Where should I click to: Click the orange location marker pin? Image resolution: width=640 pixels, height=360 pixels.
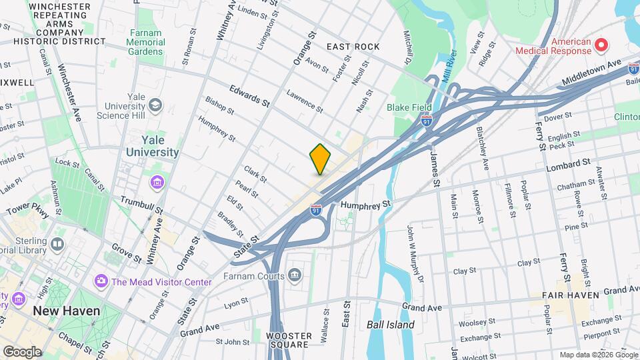[x=320, y=159]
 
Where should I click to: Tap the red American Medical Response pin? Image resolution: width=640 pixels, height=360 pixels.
[x=601, y=45]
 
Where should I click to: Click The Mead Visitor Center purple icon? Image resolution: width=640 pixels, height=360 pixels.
[x=101, y=281]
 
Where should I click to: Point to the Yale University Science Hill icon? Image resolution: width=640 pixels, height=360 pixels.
[x=156, y=105]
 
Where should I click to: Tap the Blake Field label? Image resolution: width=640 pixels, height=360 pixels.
[x=409, y=107]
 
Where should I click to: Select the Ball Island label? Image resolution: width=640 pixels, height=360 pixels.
[x=390, y=325]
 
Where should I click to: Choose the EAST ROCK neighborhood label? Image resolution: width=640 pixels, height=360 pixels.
[x=353, y=47]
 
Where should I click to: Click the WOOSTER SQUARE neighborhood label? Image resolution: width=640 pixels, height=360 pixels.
[x=287, y=340]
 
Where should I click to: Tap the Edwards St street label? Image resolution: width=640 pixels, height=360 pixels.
[x=249, y=95]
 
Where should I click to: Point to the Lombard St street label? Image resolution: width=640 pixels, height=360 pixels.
[x=568, y=162]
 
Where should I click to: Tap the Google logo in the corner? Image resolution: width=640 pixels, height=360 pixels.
[x=21, y=351]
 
